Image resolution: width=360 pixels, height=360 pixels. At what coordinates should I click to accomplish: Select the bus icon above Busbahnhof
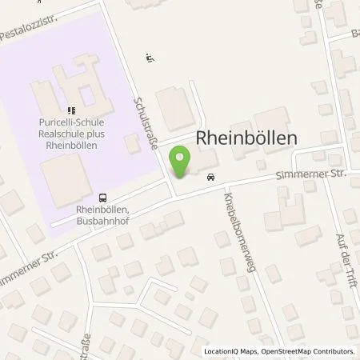coord(102,197)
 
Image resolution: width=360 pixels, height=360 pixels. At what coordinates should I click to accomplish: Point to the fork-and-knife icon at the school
coord(70,110)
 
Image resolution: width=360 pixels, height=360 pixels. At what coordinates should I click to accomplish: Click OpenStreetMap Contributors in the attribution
coord(308,351)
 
